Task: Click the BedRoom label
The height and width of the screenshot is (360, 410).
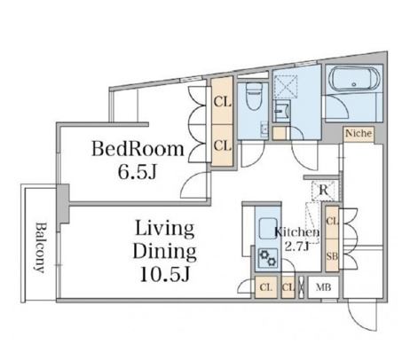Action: pyautogui.click(x=138, y=149)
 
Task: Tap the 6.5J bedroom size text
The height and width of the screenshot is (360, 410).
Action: pyautogui.click(x=137, y=171)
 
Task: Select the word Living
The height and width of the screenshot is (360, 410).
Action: pyautogui.click(x=165, y=229)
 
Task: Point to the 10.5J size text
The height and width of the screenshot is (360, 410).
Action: pyautogui.click(x=164, y=274)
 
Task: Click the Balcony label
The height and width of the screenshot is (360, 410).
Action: pyautogui.click(x=40, y=247)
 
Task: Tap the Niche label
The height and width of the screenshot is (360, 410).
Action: pyautogui.click(x=359, y=133)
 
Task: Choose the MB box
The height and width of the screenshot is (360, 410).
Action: pyautogui.click(x=323, y=287)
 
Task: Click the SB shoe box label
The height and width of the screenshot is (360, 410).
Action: pyautogui.click(x=332, y=256)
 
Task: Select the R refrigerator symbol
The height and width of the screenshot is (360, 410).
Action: pyautogui.click(x=323, y=191)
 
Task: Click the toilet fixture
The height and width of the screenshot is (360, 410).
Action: pyautogui.click(x=254, y=96)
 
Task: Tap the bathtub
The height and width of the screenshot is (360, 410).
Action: pyautogui.click(x=354, y=79)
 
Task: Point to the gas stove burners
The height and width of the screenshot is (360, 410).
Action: pyautogui.click(x=268, y=257)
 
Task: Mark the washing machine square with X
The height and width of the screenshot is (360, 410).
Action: pyautogui.click(x=286, y=87)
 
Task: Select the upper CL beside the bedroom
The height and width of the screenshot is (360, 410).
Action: pyautogui.click(x=223, y=102)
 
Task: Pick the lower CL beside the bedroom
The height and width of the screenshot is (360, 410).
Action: pyautogui.click(x=223, y=145)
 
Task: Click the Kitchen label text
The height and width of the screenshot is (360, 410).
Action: pyautogui.click(x=296, y=232)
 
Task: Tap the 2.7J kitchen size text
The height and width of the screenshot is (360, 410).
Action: pyautogui.click(x=296, y=246)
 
